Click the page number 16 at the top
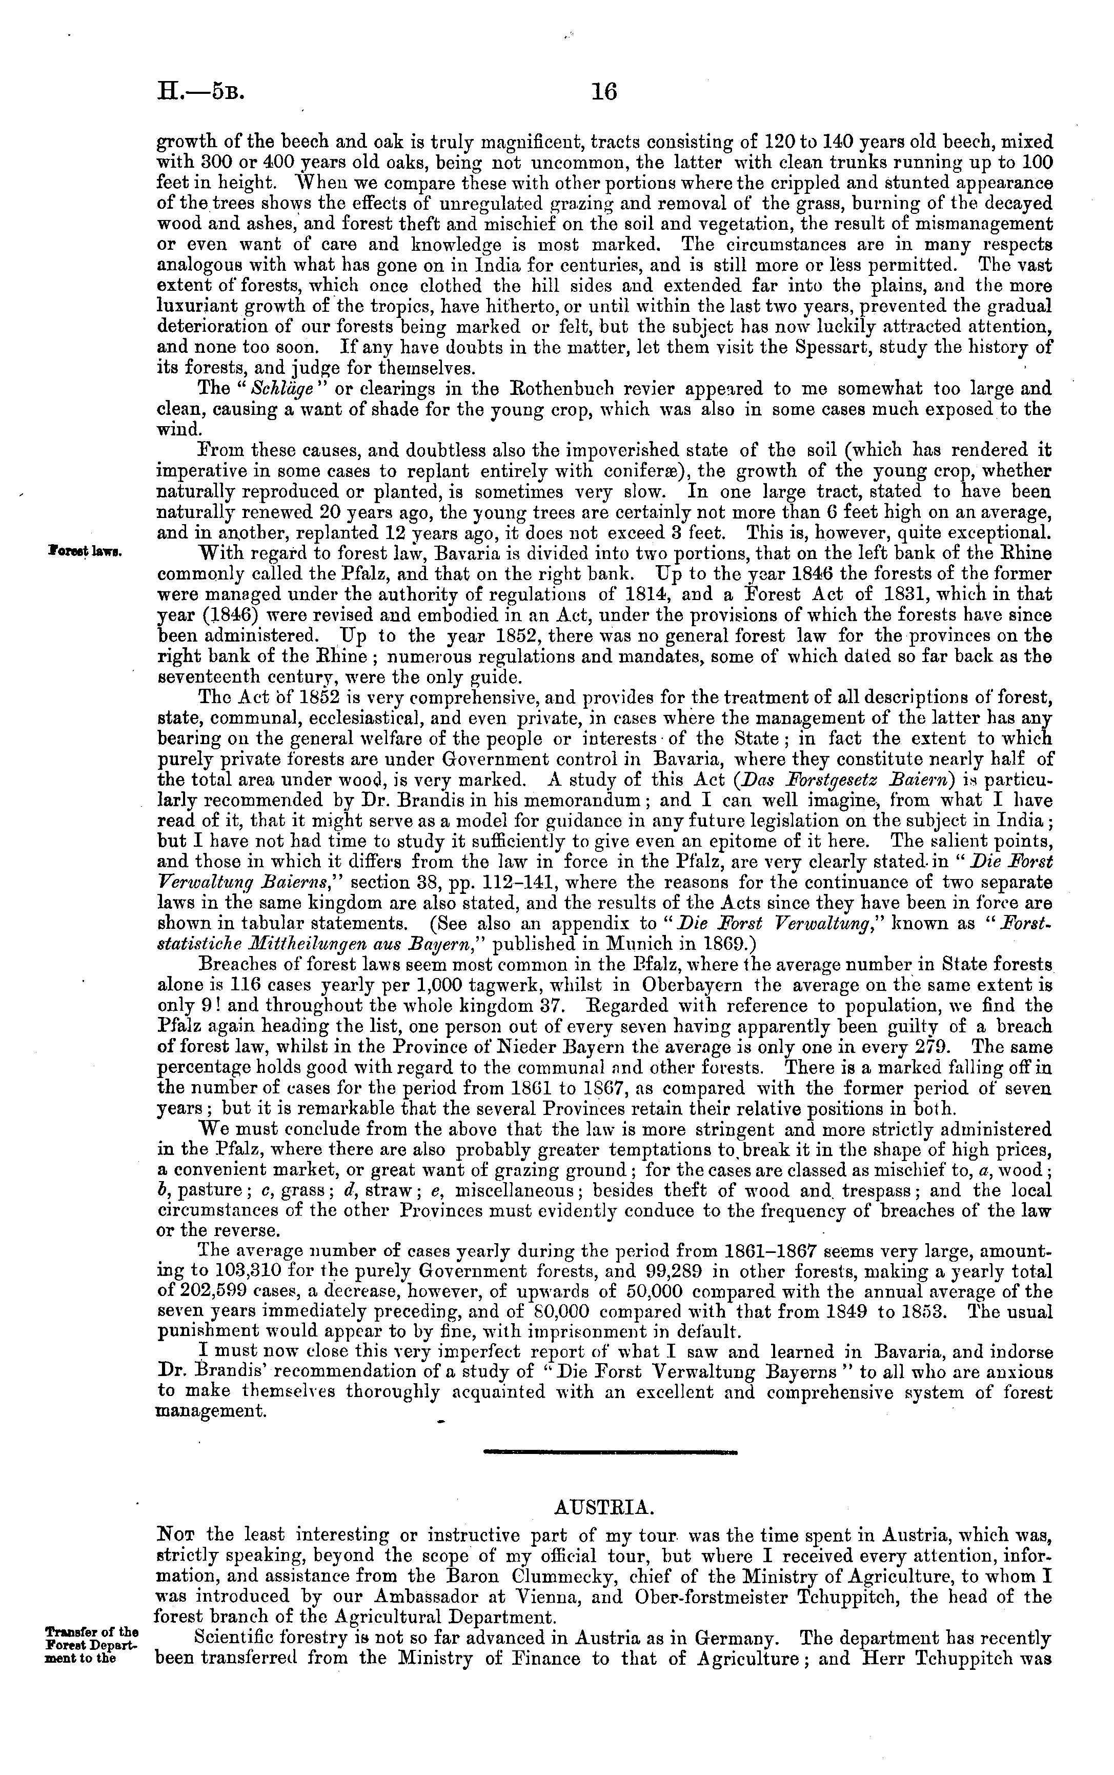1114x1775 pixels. tap(603, 92)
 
